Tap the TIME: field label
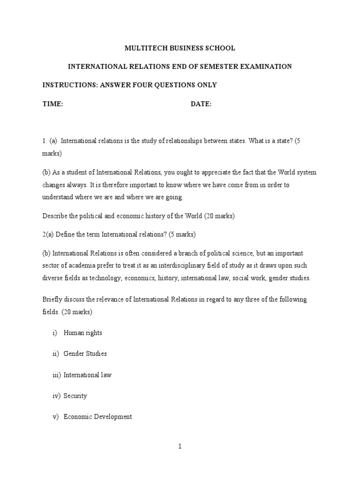pyautogui.click(x=53, y=104)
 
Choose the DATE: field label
pyautogui.click(x=201, y=104)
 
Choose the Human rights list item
pyautogui.click(x=82, y=333)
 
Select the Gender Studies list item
pyautogui.click(x=85, y=354)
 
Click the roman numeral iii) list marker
pyautogui.click(x=57, y=375)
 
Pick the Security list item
pyautogui.click(x=75, y=396)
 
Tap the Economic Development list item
pyautogui.click(x=97, y=417)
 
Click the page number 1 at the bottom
pyautogui.click(x=180, y=447)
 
